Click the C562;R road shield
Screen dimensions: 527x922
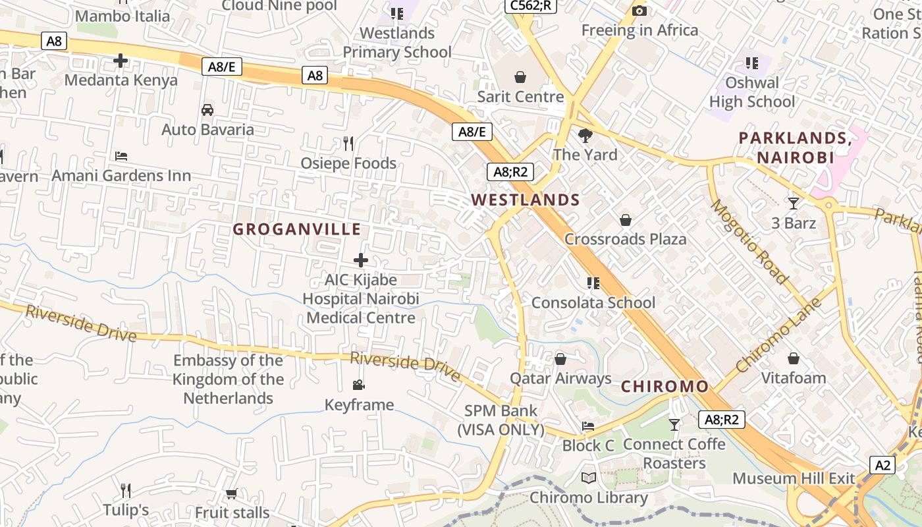coord(531,6)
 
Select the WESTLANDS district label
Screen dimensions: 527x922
coord(526,200)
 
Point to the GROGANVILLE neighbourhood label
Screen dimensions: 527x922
coord(297,229)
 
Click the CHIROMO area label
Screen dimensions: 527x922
coord(665,387)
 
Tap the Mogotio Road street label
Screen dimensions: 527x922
coord(750,242)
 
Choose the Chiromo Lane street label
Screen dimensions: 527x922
coord(778,335)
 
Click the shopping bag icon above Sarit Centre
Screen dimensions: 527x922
coord(520,77)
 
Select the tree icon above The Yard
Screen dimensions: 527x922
coord(585,136)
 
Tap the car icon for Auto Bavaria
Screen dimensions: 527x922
coord(207,110)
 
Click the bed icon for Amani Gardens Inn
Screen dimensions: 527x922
coord(121,156)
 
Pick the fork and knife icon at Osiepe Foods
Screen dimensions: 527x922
coord(348,143)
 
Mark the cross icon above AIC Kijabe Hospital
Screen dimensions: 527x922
coord(361,260)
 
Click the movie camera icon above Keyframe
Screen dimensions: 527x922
coord(359,385)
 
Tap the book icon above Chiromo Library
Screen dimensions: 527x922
coord(589,478)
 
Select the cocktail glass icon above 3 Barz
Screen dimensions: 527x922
coord(794,204)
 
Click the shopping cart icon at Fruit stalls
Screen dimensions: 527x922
coord(232,493)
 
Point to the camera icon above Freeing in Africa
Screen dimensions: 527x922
coord(639,11)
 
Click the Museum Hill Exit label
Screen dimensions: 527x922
coord(794,478)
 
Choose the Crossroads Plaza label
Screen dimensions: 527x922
coord(625,238)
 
